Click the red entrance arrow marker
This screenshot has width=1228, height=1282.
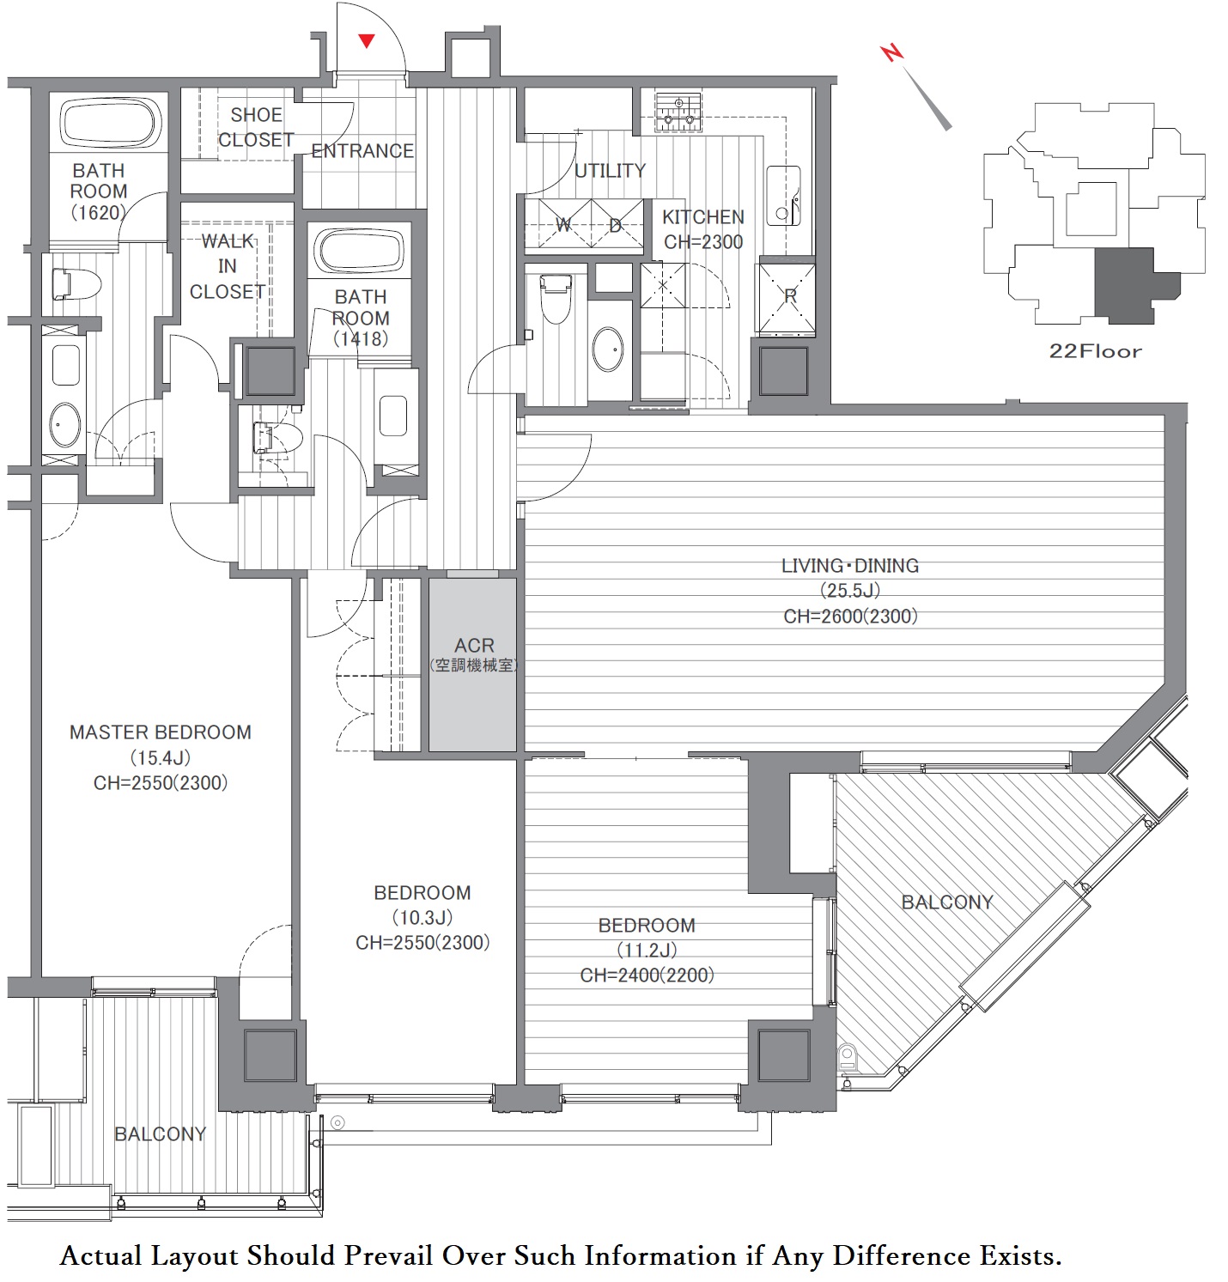(367, 40)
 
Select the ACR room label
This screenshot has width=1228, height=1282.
(474, 645)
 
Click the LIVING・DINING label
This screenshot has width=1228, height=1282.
(849, 566)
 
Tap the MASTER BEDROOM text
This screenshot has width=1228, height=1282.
(161, 732)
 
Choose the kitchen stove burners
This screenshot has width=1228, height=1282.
(679, 113)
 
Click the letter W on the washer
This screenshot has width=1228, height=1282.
(563, 225)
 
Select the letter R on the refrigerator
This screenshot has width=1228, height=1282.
(790, 296)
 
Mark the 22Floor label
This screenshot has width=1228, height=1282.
(1096, 351)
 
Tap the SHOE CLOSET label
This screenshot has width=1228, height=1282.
(256, 127)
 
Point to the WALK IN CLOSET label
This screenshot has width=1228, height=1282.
(228, 266)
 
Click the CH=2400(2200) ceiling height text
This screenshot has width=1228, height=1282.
(647, 975)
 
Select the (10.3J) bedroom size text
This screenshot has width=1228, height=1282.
(422, 918)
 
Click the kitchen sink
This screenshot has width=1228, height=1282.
(783, 196)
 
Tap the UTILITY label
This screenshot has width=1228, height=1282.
(610, 171)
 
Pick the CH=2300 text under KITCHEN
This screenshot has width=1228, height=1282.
(703, 242)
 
